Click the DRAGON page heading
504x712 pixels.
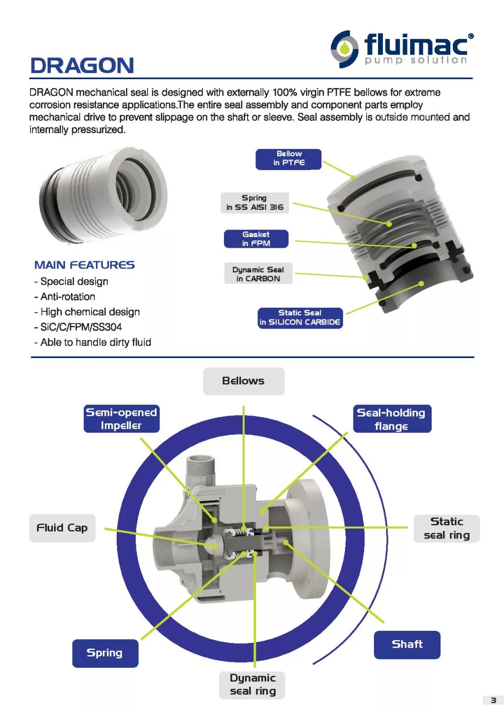point(82,65)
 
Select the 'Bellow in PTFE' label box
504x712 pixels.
point(288,159)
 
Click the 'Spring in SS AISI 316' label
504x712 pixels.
point(254,203)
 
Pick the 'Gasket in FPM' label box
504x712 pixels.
point(256,239)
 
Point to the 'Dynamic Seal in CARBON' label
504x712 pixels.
point(258,274)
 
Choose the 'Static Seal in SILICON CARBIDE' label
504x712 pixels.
point(300,318)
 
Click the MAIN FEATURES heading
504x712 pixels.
point(84,265)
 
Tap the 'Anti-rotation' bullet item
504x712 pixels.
point(67,297)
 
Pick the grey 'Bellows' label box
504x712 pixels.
point(244,381)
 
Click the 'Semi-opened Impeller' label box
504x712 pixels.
point(121,419)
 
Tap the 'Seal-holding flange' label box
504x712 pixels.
point(392,419)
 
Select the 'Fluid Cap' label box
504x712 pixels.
point(62,528)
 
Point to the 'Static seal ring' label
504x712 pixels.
point(446,529)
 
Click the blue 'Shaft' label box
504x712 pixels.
point(407,645)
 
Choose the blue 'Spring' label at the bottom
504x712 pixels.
point(105,653)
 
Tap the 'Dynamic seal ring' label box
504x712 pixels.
point(252,684)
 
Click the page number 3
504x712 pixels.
point(493,700)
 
